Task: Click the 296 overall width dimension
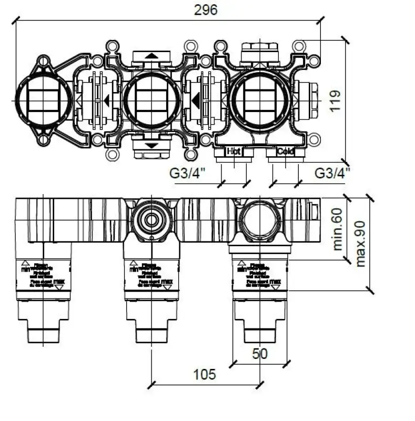click(x=206, y=9)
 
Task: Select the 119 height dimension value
click(x=335, y=100)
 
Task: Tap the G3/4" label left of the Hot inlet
click(x=187, y=172)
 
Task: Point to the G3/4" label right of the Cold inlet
click(x=332, y=172)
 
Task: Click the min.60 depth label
click(x=337, y=229)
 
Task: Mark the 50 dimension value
click(x=259, y=353)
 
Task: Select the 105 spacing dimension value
click(x=204, y=374)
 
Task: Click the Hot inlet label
click(x=233, y=152)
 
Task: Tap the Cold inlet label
click(x=285, y=152)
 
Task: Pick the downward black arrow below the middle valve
click(x=151, y=145)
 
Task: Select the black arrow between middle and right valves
click(x=196, y=100)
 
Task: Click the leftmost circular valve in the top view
click(x=43, y=100)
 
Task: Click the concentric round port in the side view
click(x=151, y=220)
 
